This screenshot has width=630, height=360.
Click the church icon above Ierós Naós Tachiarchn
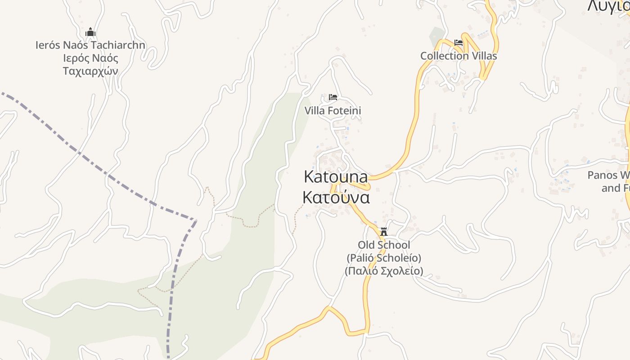(90, 32)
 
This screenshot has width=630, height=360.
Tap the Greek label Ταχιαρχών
(90, 71)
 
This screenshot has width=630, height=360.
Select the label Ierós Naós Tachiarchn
(90, 45)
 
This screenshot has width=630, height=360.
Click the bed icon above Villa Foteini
(333, 97)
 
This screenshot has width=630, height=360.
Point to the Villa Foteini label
(333, 111)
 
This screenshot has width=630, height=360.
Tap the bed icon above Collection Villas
(459, 43)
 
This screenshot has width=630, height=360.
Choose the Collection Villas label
(459, 56)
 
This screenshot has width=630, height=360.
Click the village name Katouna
(336, 177)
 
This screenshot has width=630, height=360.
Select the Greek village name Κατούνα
(336, 198)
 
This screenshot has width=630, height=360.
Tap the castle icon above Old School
(384, 232)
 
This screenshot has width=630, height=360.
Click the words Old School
(384, 245)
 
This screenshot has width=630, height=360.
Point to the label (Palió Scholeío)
(384, 258)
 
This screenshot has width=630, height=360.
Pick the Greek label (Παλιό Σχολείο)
(384, 271)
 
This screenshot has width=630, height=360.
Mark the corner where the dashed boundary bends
(196, 220)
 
